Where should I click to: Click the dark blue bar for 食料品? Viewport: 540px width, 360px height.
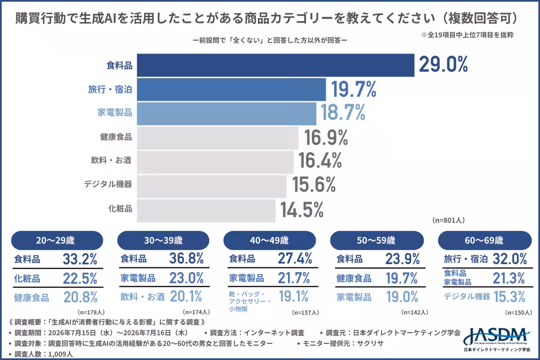tap(275, 65)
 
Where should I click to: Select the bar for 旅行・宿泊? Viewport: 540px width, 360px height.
tap(231, 90)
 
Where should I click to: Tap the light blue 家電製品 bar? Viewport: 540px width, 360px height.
tap(227, 114)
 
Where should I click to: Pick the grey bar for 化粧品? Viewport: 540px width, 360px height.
tap(206, 211)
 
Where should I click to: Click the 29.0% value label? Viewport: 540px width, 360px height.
tap(443, 65)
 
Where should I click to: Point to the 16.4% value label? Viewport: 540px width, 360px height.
tap(320, 160)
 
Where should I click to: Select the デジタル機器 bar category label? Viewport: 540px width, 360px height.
tap(108, 184)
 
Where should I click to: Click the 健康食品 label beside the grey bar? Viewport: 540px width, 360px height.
tap(116, 137)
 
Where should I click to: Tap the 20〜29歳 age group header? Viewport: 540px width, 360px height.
tap(57, 240)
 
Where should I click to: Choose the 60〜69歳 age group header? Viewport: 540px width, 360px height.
tap(485, 240)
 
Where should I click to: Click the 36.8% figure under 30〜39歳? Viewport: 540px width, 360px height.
tap(186, 258)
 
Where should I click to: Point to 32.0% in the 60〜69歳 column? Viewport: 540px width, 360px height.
tap(509, 259)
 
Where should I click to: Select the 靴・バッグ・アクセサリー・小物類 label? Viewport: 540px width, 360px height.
tap(250, 301)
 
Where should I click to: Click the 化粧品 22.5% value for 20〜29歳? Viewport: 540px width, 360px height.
tap(80, 279)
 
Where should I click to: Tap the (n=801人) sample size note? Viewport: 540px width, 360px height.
tap(448, 220)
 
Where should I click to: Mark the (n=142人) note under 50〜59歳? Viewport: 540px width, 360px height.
tap(414, 312)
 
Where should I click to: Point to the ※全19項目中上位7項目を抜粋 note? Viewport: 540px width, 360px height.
tap(467, 35)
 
